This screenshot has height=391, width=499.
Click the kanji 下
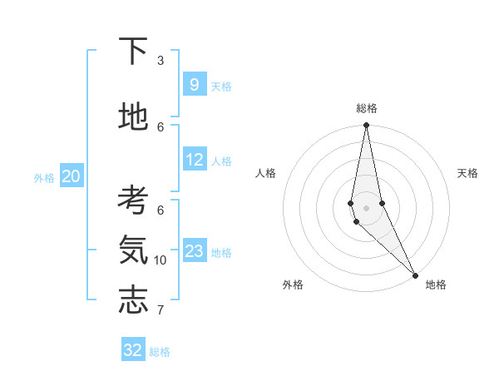point(133,52)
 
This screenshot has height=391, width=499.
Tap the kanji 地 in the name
point(133,116)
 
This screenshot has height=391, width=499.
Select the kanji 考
point(133,200)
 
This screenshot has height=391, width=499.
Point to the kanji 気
point(133,250)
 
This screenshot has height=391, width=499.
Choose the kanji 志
point(133,300)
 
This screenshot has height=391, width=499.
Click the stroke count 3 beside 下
point(161,61)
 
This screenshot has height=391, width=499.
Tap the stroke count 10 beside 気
point(161,260)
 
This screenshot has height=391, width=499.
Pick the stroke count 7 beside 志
point(161,311)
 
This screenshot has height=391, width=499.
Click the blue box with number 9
point(194,84)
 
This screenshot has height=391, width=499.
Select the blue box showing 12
point(194,159)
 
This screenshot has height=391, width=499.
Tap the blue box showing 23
point(194,250)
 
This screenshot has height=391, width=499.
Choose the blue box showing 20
point(71,176)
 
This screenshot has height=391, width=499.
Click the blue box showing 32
point(133,350)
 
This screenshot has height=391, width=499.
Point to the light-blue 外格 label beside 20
point(44,177)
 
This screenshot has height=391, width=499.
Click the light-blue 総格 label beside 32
point(160,352)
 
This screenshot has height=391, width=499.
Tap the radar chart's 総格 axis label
point(367,108)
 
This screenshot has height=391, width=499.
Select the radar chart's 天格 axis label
point(467,173)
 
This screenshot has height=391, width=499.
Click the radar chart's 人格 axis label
point(265,173)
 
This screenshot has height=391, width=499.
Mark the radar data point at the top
point(366,126)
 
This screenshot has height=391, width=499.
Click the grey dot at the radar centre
point(366,207)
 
